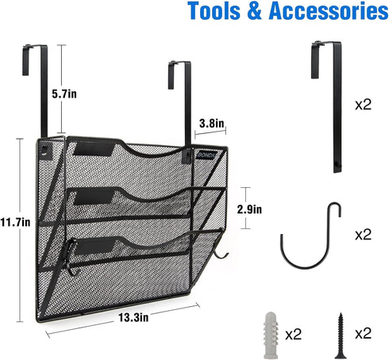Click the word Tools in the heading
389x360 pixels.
tap(214, 11)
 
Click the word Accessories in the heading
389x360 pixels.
tap(329, 11)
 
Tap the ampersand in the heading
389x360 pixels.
tap(255, 11)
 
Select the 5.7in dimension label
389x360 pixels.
tap(64, 94)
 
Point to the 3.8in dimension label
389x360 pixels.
tap(212, 123)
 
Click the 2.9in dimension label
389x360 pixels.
tap(249, 209)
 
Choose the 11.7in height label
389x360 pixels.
tap(15, 222)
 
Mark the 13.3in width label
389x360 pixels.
tap(133, 317)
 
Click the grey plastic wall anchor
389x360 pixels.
tap(271, 335)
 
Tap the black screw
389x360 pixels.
tap(341, 335)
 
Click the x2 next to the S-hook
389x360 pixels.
tap(364, 235)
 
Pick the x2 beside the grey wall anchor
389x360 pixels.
tap(294, 335)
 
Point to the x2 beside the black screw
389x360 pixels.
tap(364, 334)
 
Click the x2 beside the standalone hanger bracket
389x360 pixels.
tap(364, 105)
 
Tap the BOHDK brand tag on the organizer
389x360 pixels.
tap(206, 155)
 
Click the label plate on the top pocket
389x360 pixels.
tap(94, 149)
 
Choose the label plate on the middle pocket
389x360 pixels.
tap(94, 197)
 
